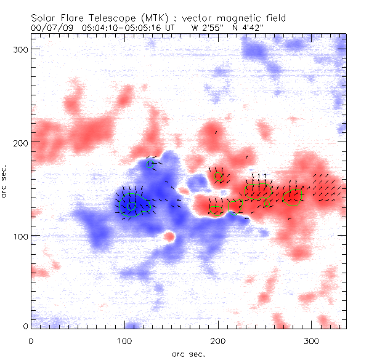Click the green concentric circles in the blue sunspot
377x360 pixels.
pyautogui.click(x=131, y=205)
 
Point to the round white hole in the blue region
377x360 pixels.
pyautogui.click(x=168, y=237)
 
